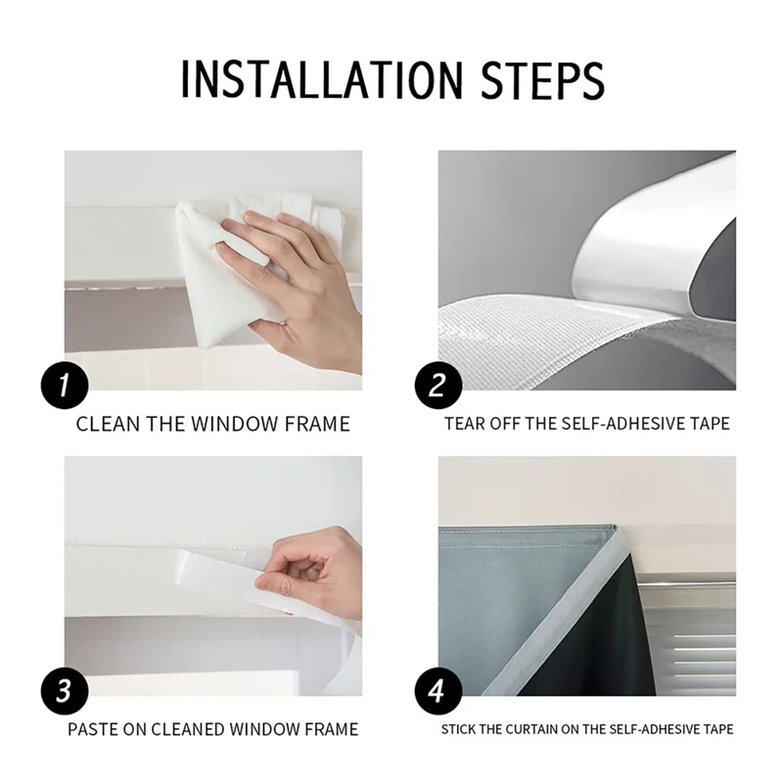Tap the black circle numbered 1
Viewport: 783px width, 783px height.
65,385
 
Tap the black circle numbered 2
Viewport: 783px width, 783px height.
438,385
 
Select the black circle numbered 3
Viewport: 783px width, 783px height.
65,691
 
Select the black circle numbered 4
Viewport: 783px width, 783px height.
438,691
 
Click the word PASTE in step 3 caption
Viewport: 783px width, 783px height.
93,729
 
